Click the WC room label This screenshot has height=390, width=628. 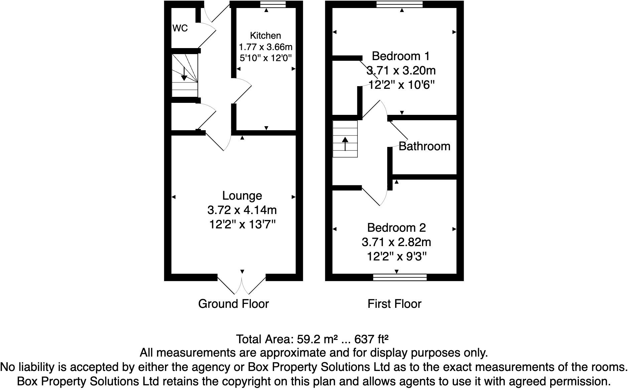click(x=180, y=28)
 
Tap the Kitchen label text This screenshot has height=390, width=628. click(x=266, y=35)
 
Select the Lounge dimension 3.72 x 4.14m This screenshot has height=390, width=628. click(x=242, y=210)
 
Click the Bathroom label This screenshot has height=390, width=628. click(x=424, y=146)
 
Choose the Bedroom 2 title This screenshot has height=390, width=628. click(x=396, y=227)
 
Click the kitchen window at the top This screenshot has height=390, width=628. click(x=273, y=4)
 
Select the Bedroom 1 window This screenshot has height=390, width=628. click(x=400, y=4)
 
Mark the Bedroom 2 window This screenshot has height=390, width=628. click(x=400, y=277)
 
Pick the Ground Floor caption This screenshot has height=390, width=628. click(x=233, y=304)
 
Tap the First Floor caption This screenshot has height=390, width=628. click(x=395, y=304)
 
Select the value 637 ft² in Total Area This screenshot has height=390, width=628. click(x=371, y=339)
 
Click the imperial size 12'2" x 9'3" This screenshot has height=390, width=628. click(x=397, y=256)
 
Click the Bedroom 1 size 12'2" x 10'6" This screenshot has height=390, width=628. click(x=401, y=85)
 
